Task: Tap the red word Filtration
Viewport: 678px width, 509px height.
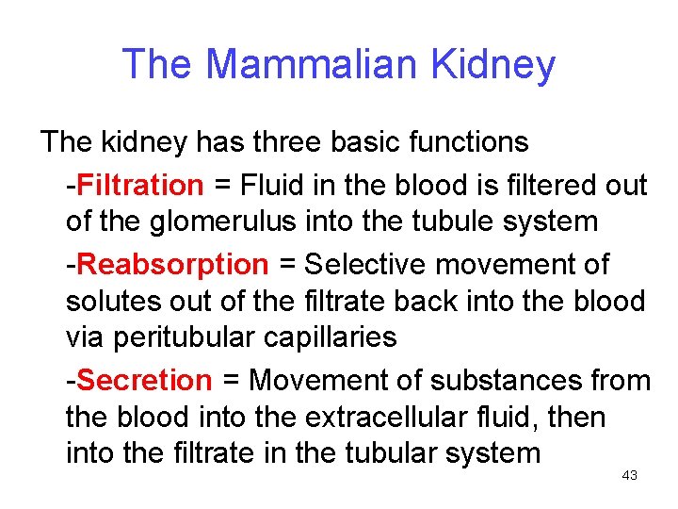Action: pos(140,186)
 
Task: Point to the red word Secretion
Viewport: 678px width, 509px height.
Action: pos(145,381)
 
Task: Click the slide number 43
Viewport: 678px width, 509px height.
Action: pos(630,476)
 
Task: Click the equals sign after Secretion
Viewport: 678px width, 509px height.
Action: pos(231,381)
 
